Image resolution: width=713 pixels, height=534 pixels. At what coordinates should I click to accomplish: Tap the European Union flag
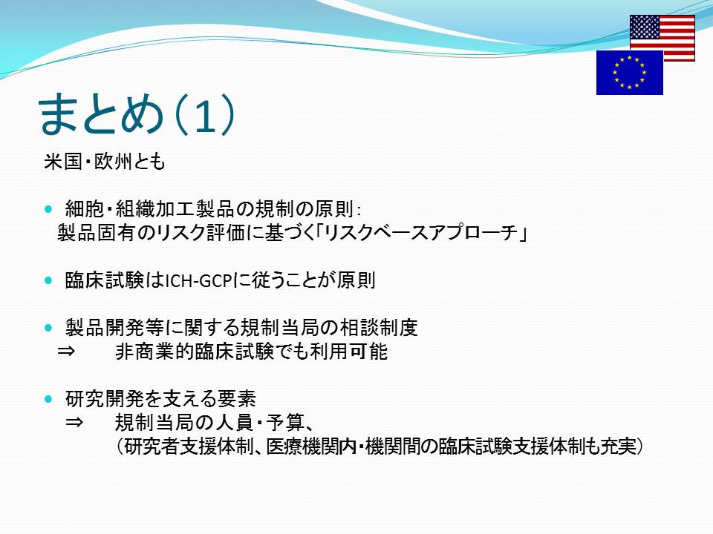[630, 73]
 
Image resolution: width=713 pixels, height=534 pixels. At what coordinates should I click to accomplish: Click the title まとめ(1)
[137, 114]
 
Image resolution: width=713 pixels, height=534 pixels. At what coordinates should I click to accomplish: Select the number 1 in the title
[205, 116]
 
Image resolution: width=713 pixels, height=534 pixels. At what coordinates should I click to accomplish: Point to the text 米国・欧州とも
[105, 162]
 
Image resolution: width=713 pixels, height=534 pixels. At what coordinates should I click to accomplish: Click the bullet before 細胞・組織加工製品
[49, 209]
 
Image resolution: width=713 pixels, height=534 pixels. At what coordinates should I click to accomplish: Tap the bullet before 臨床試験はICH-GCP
[49, 280]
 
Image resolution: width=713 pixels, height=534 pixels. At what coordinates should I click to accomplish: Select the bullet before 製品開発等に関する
[49, 328]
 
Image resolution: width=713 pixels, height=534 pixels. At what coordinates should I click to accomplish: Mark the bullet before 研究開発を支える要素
[49, 399]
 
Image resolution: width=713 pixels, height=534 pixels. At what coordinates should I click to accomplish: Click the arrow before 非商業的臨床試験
[66, 352]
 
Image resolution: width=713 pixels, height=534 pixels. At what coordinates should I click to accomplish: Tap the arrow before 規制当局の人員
[74, 423]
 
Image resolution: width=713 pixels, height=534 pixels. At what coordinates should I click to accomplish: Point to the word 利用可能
[348, 352]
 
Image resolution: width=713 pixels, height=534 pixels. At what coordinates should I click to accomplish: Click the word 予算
[285, 423]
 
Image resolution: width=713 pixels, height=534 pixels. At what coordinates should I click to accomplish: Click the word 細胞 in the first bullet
[85, 209]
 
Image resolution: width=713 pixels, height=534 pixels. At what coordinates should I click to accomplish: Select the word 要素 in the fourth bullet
[237, 399]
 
